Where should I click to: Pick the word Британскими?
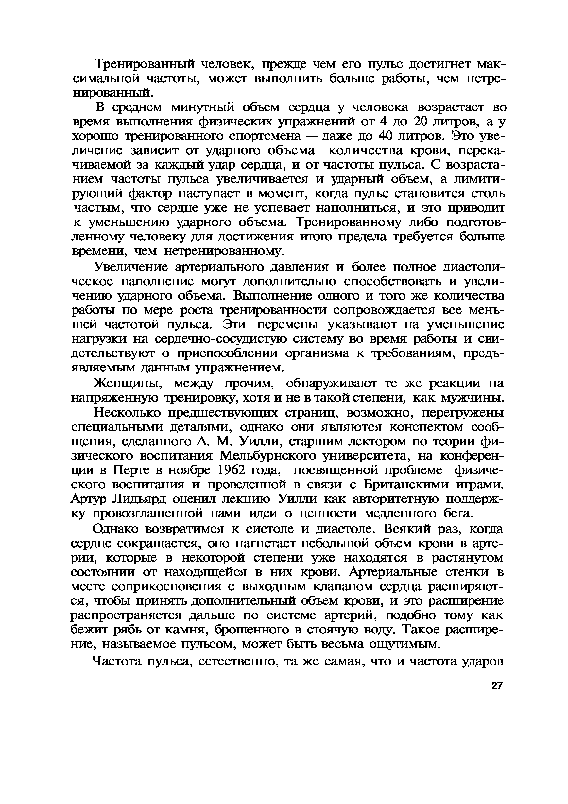406,484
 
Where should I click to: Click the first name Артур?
89,499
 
